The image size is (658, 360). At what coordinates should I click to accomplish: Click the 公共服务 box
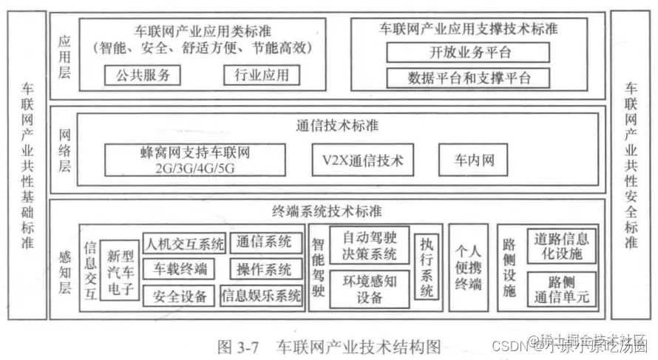pos(143,75)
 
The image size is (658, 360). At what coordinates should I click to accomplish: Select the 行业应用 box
pos(261,75)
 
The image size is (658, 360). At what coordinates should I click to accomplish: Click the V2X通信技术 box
pos(363,160)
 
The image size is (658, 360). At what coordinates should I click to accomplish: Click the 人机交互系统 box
pos(185,242)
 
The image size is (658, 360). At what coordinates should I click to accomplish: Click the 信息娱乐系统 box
pos(262,296)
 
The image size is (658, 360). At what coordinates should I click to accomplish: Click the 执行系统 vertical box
pos(427,266)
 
